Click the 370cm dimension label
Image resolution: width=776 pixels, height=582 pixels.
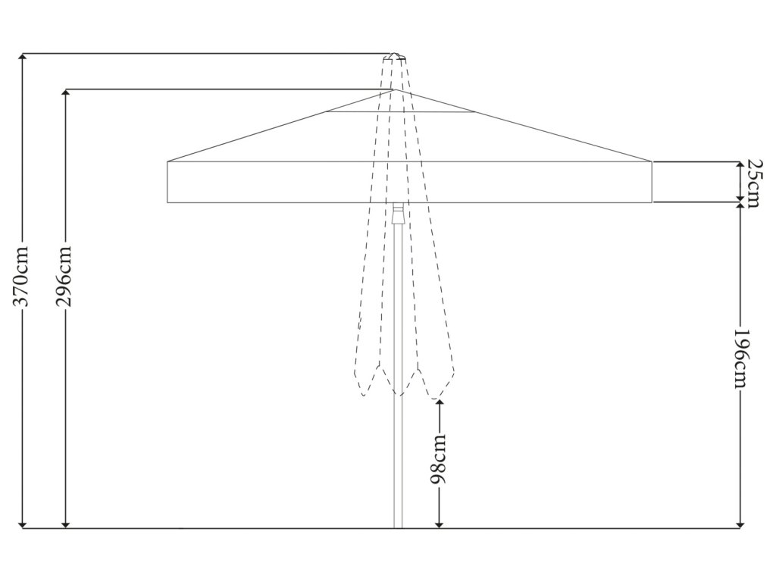pyautogui.click(x=23, y=276)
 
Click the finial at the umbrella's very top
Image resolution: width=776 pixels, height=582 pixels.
pyautogui.click(x=395, y=57)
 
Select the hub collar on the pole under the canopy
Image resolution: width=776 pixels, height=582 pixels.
pyautogui.click(x=398, y=212)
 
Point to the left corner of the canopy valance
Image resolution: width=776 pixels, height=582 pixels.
pyautogui.click(x=168, y=162)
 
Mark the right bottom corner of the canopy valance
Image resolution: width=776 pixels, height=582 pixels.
pyautogui.click(x=651, y=202)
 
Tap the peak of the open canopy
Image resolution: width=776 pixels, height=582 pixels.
pyautogui.click(x=395, y=90)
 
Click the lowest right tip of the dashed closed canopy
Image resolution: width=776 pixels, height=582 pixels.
pyautogui.click(x=435, y=398)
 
